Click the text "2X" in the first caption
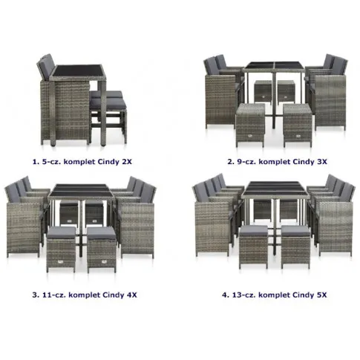127,162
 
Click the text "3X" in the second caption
322,162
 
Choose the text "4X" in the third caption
131,295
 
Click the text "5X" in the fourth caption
321,295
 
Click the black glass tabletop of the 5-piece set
78,71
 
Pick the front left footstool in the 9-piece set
250,125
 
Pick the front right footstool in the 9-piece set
297,125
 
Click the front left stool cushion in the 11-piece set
62,232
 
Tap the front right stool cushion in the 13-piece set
295,231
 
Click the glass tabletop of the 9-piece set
273,66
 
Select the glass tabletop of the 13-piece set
275,189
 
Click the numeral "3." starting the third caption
36,295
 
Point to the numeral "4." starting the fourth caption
226,295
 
